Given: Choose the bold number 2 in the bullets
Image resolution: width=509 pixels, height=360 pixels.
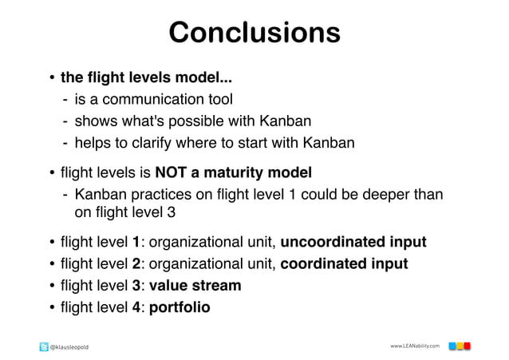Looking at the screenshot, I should [x=136, y=263].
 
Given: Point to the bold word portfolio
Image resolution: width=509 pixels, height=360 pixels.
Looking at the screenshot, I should [x=180, y=307].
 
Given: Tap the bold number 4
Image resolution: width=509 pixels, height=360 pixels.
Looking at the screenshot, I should [x=136, y=307].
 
